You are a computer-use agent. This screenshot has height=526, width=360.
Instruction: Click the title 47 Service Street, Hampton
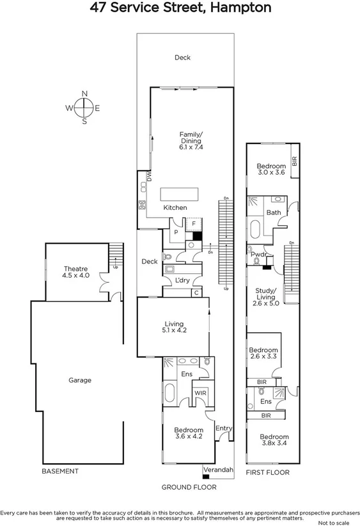coord(180,8)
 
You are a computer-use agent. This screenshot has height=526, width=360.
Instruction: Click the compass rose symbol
coord(84,108)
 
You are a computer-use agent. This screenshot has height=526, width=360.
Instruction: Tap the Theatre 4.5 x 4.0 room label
coord(75,272)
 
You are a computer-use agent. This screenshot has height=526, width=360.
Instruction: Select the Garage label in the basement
coord(80,380)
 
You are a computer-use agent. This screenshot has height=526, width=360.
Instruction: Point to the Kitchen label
coord(175,208)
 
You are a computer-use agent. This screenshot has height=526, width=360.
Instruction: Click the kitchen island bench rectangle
coord(179,194)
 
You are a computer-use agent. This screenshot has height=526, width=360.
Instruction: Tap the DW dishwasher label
coord(148,176)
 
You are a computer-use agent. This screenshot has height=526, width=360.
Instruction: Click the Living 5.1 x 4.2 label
coord(174,328)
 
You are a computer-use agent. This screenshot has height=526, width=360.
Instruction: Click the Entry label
coord(224,429)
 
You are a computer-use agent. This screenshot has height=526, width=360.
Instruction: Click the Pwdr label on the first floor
coord(258,255)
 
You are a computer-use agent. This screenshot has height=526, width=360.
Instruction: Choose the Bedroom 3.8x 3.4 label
coord(274,440)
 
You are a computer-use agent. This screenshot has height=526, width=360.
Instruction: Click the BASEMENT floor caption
coord(60,471)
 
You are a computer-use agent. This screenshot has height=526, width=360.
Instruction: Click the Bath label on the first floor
coord(274,212)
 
